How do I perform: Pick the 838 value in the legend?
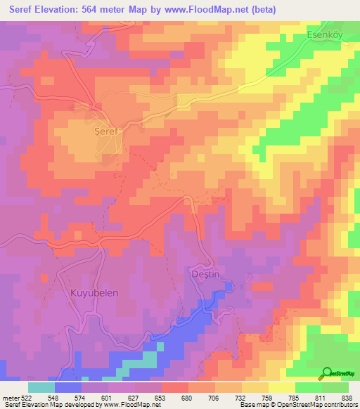click(348, 397)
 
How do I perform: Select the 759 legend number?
click(269, 397)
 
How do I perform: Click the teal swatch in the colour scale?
click(41, 387)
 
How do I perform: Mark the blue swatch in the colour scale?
click(68, 387)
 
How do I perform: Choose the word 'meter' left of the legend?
click(10, 397)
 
